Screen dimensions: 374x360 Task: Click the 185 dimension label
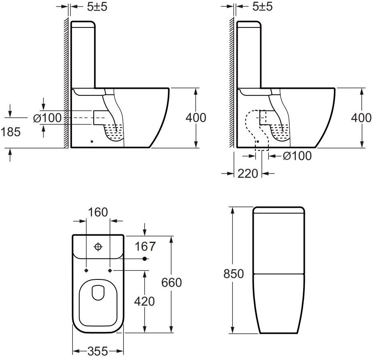pos(11,132)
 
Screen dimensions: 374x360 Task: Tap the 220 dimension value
pos(248,173)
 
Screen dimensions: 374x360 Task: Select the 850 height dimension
pos(234,273)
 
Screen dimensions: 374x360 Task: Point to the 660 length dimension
pos(171,283)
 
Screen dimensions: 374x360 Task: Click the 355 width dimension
pos(98,351)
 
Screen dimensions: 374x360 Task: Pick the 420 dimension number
pos(144,301)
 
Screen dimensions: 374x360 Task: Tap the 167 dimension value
pos(145,246)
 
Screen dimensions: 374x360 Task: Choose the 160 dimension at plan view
pos(98,212)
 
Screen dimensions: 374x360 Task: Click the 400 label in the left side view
pos(196,118)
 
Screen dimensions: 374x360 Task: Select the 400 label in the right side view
pos(361,118)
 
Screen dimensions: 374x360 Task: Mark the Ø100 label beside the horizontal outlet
pos(47,118)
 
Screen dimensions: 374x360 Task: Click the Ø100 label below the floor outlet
pos(297,156)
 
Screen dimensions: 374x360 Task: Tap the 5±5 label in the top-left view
pos(97,7)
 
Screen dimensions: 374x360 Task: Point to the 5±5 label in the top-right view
pos(262,7)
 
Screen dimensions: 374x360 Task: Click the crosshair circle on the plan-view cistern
pos(98,247)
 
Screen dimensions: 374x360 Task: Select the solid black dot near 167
pos(144,259)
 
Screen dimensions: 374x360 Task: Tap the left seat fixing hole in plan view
pos(86,270)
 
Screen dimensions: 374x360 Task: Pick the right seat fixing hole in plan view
pos(110,270)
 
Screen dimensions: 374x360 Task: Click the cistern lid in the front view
pos(279,210)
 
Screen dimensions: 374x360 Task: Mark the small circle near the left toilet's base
pos(92,142)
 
